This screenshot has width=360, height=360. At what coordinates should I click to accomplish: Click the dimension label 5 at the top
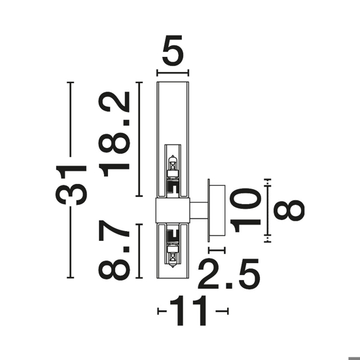coord(173,50)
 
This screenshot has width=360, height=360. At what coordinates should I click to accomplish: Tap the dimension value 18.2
coord(114,134)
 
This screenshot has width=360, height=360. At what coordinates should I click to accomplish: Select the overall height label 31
coord(71,185)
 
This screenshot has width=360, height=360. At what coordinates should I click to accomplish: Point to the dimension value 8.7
coord(114,250)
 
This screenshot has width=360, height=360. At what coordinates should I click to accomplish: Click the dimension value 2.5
coord(229,274)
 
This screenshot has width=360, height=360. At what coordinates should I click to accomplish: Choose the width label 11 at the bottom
coord(189,311)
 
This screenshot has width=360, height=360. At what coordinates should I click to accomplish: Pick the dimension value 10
coord(245,210)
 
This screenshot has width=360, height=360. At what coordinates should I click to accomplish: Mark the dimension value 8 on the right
coord(289,210)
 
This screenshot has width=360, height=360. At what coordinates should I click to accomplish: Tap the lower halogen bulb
coord(173,256)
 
